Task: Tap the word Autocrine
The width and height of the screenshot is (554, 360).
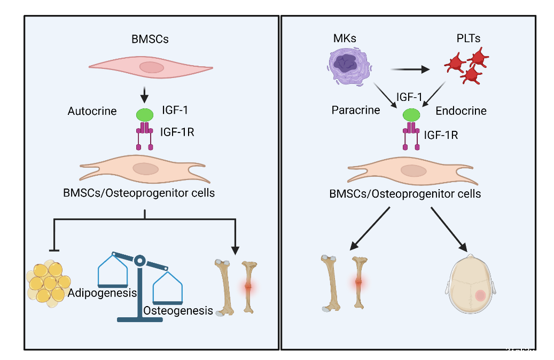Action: pyautogui.click(x=92, y=112)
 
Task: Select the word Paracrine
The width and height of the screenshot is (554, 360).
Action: pyautogui.click(x=356, y=111)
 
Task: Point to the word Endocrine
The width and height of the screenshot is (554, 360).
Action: pyautogui.click(x=461, y=111)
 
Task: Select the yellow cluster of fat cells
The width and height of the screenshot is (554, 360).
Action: pyautogui.click(x=49, y=283)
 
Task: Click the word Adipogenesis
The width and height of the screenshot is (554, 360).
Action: pyautogui.click(x=103, y=293)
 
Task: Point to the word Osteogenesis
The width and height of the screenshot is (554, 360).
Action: pyautogui.click(x=178, y=310)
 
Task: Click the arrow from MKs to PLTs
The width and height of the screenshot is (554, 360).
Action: pyautogui.click(x=410, y=69)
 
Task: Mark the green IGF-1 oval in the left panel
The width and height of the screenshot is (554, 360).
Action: pyautogui.click(x=144, y=114)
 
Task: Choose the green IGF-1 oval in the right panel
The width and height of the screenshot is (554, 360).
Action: pyautogui.click(x=411, y=114)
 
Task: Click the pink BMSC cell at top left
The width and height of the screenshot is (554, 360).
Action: pyautogui.click(x=151, y=67)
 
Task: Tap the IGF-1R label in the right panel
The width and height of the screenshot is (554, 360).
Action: pyautogui.click(x=441, y=135)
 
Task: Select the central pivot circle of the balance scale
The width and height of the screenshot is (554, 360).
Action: pyautogui.click(x=139, y=261)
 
